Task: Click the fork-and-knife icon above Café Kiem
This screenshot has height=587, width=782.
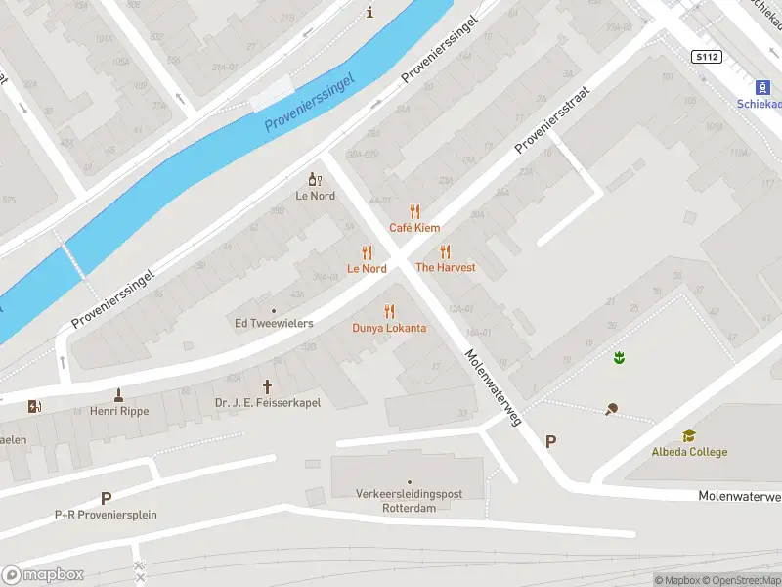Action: [414, 210]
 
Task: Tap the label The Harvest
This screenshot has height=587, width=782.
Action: [445, 267]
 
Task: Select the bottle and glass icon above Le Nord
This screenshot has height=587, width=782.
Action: [315, 179]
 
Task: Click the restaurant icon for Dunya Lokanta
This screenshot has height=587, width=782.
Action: [389, 311]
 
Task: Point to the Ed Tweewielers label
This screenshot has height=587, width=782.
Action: [274, 323]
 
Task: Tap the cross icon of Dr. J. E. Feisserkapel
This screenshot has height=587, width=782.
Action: [267, 386]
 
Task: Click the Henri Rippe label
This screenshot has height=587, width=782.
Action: [119, 411]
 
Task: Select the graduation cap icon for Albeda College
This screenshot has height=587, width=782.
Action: [689, 436]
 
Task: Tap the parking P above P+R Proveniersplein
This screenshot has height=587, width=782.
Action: [106, 499]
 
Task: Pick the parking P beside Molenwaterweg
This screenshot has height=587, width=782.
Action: [550, 442]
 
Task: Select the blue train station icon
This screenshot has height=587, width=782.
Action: [765, 86]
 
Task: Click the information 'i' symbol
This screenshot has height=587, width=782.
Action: [369, 12]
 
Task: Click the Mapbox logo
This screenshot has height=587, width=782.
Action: [43, 575]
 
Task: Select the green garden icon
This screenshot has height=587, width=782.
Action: [618, 358]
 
